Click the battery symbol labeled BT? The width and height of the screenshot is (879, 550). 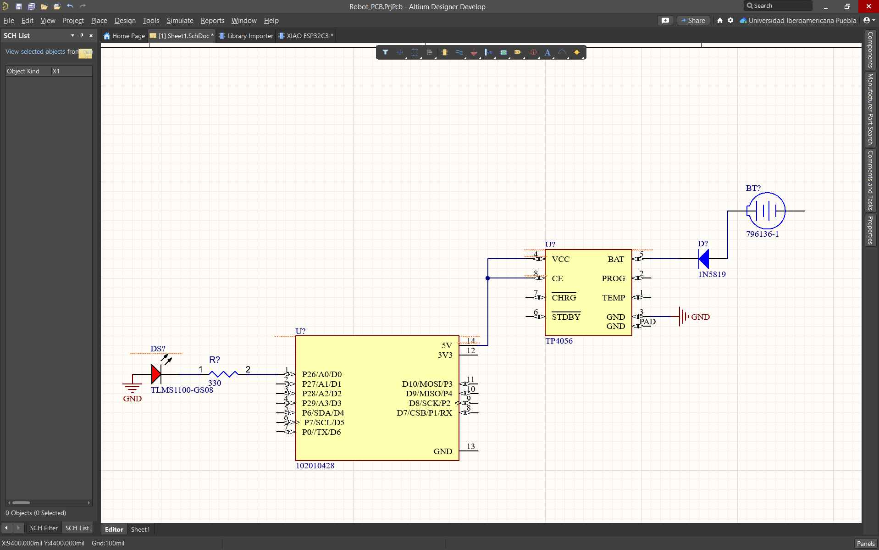pyautogui.click(x=766, y=211)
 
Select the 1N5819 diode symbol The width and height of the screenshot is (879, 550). pyautogui.click(x=704, y=259)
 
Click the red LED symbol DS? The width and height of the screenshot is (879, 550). pyautogui.click(x=156, y=374)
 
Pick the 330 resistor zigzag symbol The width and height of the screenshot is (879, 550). pyautogui.click(x=223, y=374)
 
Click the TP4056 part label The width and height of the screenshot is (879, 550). pyautogui.click(x=558, y=341)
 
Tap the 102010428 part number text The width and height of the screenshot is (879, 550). pyautogui.click(x=315, y=466)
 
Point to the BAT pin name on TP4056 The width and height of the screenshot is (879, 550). pyautogui.click(x=615, y=259)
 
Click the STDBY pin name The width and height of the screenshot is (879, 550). pyautogui.click(x=566, y=317)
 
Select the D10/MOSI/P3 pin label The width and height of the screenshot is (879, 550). pyautogui.click(x=427, y=384)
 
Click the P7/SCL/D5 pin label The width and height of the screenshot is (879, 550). pyautogui.click(x=324, y=422)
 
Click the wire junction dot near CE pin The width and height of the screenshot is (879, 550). pyautogui.click(x=487, y=278)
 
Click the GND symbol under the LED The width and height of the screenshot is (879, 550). pyautogui.click(x=132, y=389)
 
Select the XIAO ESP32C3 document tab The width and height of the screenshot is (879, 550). pyautogui.click(x=307, y=36)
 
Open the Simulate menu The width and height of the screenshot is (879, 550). pyautogui.click(x=180, y=21)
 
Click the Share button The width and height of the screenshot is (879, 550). pyautogui.click(x=693, y=21)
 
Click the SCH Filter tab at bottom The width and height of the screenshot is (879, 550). pyautogui.click(x=44, y=528)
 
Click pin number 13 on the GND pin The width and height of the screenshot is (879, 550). pyautogui.click(x=470, y=446)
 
